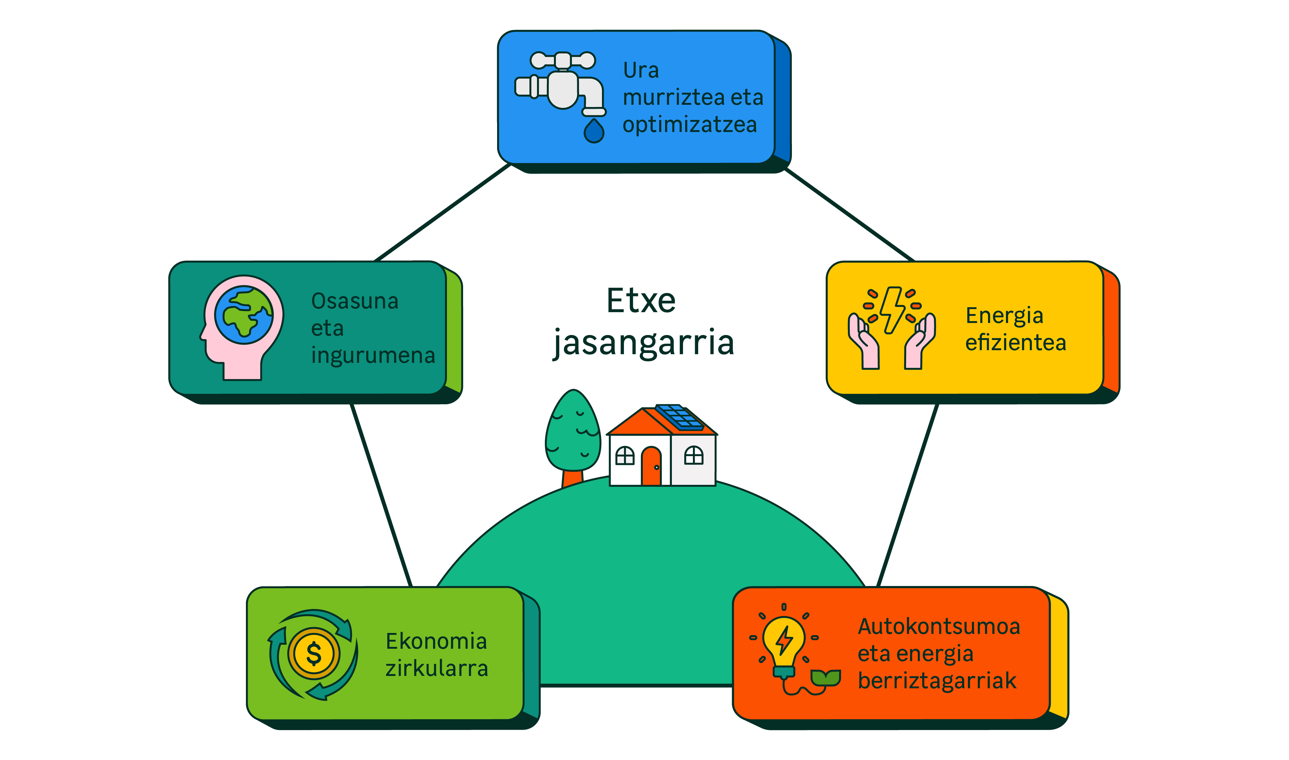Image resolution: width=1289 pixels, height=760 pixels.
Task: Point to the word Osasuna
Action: click(355, 301)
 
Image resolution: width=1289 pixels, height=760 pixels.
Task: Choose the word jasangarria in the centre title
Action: click(644, 343)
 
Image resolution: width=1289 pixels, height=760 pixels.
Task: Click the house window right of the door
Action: click(694, 455)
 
